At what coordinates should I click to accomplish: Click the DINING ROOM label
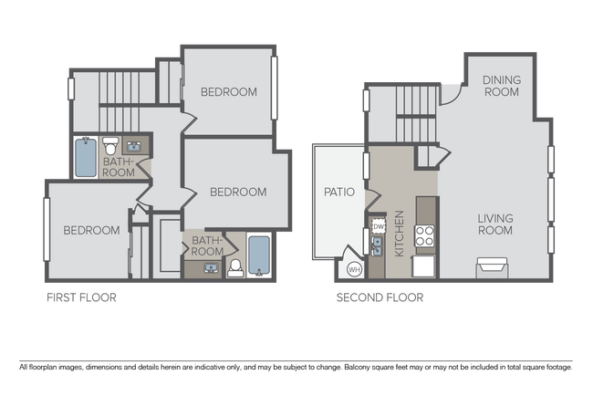point(502,86)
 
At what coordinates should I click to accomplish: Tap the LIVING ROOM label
point(494,224)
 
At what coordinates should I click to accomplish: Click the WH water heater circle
point(354,269)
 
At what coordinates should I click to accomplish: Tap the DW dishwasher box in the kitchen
point(378,225)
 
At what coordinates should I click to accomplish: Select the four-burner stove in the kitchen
point(425,237)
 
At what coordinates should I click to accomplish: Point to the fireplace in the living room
point(490,266)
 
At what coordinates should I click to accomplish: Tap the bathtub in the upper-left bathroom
point(85,158)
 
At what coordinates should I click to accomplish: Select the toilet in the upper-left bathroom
point(110,145)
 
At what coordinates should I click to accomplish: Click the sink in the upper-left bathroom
point(133,145)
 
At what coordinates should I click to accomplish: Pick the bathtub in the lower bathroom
point(258,256)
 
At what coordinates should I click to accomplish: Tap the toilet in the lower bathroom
point(234,267)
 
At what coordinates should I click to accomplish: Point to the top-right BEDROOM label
point(229,92)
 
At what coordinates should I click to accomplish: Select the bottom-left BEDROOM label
point(91,231)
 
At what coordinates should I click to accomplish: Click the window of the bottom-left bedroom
point(45,229)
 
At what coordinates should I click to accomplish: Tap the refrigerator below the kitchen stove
point(425,266)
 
